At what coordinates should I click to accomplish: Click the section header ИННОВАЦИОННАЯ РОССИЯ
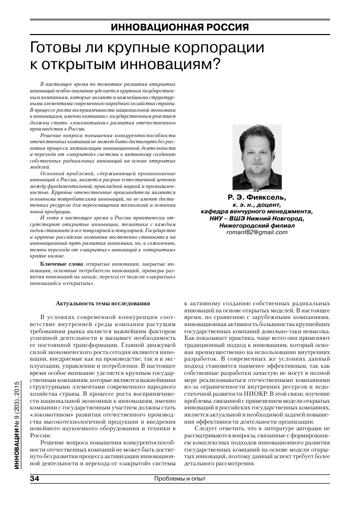[180, 27]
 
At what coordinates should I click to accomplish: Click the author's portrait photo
[256, 157]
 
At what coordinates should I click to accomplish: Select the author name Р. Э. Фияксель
[257, 198]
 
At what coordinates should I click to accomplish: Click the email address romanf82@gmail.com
[257, 232]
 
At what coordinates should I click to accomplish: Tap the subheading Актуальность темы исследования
[103, 303]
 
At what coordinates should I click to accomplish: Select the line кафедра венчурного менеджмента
[257, 212]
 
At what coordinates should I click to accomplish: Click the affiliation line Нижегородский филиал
[257, 226]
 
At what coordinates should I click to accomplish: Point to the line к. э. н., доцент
[257, 205]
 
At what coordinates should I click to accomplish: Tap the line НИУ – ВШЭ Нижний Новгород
[257, 218]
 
